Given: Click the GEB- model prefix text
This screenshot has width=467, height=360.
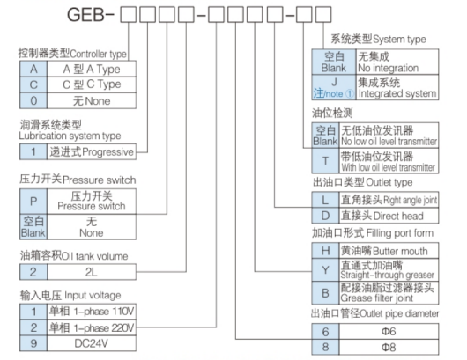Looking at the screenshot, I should point(85,15).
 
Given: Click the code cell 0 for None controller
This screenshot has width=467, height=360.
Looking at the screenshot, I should point(33,99).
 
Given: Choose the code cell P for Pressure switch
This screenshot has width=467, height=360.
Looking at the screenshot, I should point(33,202).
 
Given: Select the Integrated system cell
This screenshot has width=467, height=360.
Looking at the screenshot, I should point(395,88).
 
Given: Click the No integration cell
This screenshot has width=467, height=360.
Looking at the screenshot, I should point(395,61).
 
